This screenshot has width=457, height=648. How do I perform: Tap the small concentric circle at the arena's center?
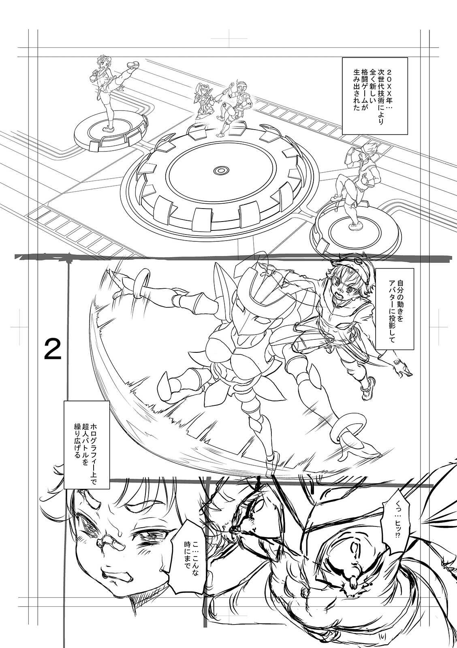tap(222, 170)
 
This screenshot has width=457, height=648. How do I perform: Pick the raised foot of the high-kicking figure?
tap(133, 65)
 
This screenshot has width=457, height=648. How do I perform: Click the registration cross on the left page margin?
tap(19, 328)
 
